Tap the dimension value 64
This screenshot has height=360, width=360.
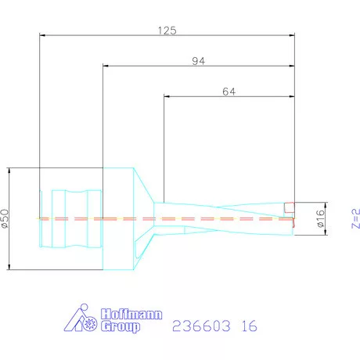click(x=229, y=91)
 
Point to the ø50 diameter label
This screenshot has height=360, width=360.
click(x=7, y=220)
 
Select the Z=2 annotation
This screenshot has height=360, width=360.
click(x=351, y=219)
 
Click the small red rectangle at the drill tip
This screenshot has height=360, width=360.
click(x=289, y=208)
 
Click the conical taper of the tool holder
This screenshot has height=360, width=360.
click(x=145, y=196)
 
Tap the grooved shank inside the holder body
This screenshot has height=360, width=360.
click(x=76, y=218)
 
